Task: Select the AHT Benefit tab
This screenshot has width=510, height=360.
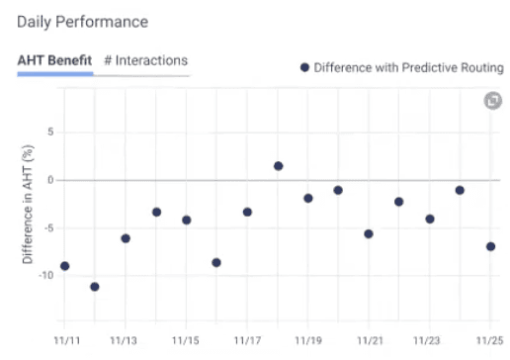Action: point(55,61)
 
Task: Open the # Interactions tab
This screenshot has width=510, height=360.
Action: point(145,61)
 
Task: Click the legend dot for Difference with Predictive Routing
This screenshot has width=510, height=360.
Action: point(305,67)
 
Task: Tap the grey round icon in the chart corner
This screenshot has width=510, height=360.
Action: point(491,101)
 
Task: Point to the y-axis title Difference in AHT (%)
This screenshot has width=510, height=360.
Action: point(29,206)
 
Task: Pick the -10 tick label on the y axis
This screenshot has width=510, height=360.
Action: point(45,275)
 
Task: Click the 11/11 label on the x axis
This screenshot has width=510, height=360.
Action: point(64,339)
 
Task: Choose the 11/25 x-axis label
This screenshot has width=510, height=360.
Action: point(490,339)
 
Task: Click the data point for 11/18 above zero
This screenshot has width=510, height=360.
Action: point(279,166)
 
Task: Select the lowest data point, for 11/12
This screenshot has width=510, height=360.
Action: point(95,287)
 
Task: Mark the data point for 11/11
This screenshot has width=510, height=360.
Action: point(64,266)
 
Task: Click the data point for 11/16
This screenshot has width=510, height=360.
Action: point(216,262)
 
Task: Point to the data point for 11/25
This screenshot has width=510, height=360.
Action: point(490,246)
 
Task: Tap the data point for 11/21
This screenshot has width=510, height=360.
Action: point(369,234)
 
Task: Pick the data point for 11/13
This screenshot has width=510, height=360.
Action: point(126,238)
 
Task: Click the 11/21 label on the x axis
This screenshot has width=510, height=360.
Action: point(369,339)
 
